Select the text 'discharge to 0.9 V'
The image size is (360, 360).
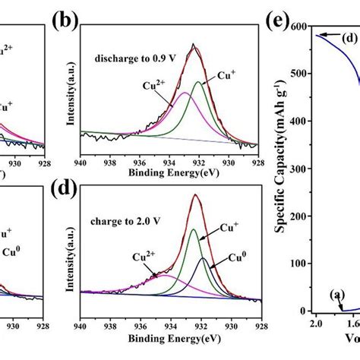(129, 57)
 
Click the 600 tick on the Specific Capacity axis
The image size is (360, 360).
(300, 27)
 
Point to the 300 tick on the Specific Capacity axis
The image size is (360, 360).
(300, 169)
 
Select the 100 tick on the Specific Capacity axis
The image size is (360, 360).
(300, 264)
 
